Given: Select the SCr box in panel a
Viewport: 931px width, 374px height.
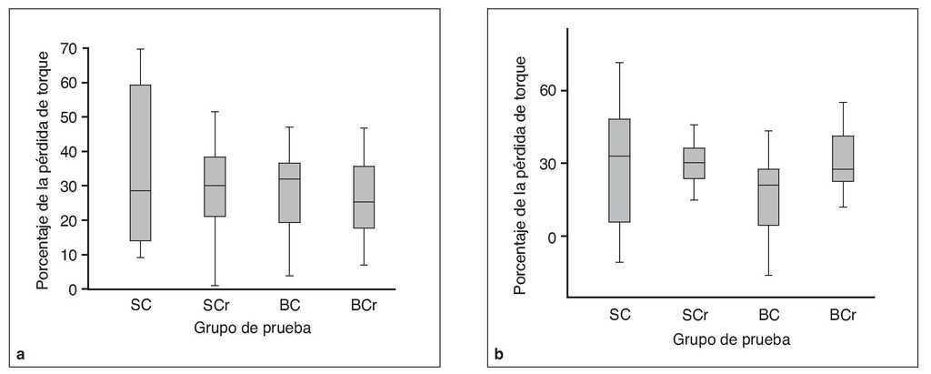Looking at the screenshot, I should coord(215,187).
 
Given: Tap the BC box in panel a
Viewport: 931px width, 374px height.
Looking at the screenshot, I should coord(289,192).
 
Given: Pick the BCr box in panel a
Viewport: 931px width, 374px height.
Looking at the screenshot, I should coord(364,197).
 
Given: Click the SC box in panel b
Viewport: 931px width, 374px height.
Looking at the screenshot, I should coord(619,170).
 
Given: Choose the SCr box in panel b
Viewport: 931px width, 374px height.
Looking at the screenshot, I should coord(694,163).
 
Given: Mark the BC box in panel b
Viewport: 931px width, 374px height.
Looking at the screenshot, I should coord(768,197).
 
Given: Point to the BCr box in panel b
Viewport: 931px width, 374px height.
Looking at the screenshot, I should coord(842,158).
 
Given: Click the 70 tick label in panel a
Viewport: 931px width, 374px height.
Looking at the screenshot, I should coord(69,48).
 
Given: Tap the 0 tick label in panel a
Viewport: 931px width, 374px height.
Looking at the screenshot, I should coord(73,289).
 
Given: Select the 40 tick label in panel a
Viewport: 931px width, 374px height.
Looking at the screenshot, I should coord(69,151).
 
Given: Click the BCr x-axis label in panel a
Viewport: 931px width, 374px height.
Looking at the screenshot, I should coord(365,306).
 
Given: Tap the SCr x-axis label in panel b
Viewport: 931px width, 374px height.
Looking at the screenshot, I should coord(695,315).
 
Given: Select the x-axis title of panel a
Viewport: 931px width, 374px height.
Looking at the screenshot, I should coord(253,328).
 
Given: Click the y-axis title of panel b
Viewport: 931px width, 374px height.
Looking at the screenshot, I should coord(519,175).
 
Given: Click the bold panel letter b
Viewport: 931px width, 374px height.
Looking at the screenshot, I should coord(498,353).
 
